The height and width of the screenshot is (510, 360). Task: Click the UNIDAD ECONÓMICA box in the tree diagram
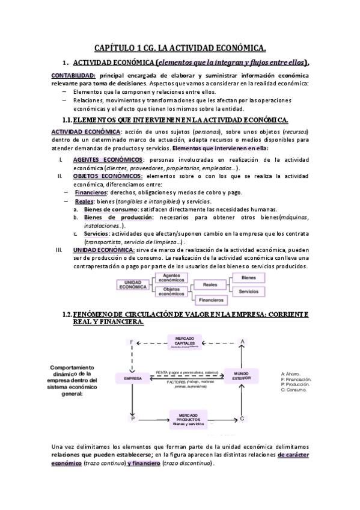(132, 284)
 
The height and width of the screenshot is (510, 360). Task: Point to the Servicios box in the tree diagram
(248, 291)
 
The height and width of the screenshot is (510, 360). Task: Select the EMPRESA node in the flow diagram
(132, 378)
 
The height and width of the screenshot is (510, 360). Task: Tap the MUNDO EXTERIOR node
(241, 376)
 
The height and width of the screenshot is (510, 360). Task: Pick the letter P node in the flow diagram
(131, 418)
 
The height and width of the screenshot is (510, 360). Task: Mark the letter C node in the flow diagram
(242, 418)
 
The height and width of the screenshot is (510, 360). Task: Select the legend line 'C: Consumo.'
(294, 391)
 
